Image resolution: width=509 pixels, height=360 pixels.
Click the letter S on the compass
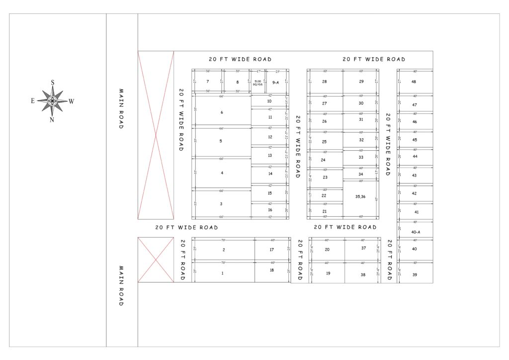tap(52, 83)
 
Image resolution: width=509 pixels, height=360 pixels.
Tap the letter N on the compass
tap(52, 119)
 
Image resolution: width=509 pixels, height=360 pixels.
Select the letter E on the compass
tap(33, 101)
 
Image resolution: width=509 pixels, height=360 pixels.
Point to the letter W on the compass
tap(72, 101)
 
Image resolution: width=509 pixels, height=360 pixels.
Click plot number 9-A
tap(275, 82)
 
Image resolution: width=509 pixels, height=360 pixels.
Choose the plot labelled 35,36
tap(360, 196)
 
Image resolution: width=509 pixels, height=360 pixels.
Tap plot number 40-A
tap(416, 232)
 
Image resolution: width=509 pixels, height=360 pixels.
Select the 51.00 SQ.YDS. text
tap(257, 83)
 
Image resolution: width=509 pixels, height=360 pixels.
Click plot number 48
tap(414, 82)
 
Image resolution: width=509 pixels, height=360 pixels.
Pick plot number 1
tap(222, 273)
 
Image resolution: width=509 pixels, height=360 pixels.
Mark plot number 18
tap(272, 270)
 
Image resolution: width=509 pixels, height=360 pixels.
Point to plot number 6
tap(222, 112)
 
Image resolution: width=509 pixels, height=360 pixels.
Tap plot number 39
tap(415, 274)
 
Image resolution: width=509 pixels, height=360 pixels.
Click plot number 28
tap(325, 82)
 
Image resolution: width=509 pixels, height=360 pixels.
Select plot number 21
tap(325, 211)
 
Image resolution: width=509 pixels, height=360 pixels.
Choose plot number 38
tap(363, 274)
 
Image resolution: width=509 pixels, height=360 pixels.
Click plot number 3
tap(221, 204)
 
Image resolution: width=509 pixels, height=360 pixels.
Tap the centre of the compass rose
tap(52, 100)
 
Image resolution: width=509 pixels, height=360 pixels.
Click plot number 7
tap(207, 82)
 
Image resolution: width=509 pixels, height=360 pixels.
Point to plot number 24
tap(323, 160)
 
